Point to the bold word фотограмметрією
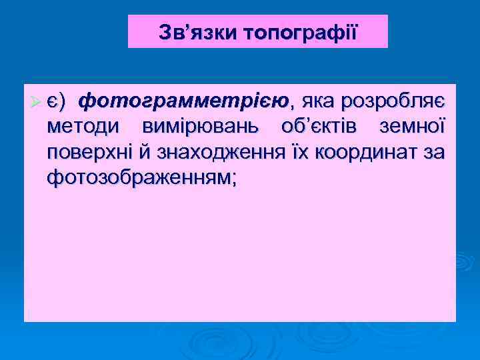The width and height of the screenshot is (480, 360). tap(185, 102)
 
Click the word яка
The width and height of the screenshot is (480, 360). tap(317, 102)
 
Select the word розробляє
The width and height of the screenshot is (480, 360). tap(393, 102)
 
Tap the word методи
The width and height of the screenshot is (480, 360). tap(83, 127)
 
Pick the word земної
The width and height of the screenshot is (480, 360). tap(411, 127)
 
